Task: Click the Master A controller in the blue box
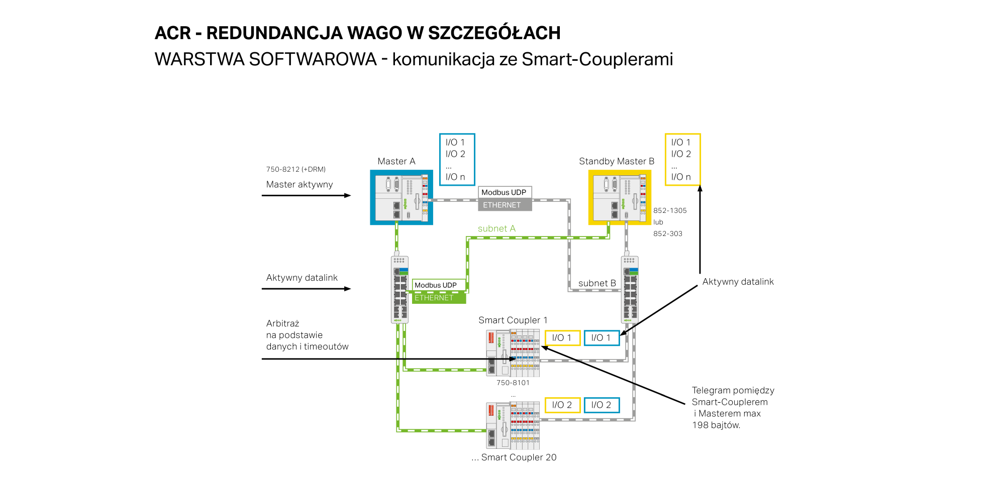click(401, 197)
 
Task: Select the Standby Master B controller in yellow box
click(620, 197)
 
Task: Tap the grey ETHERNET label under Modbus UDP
click(505, 205)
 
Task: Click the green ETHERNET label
click(439, 298)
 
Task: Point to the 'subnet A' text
click(496, 228)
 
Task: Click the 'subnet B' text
click(597, 283)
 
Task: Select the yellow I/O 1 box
click(562, 338)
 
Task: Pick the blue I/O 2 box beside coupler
click(601, 405)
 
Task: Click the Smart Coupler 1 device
click(513, 353)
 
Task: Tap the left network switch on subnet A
click(399, 289)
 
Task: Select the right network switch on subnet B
click(630, 289)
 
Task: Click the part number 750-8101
click(513, 383)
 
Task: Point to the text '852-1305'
click(670, 210)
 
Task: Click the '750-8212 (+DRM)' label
click(296, 169)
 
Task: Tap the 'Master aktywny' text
click(299, 184)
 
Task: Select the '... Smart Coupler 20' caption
click(514, 457)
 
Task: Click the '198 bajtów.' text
click(716, 425)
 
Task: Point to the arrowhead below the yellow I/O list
click(700, 188)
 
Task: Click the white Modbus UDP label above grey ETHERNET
click(505, 192)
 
